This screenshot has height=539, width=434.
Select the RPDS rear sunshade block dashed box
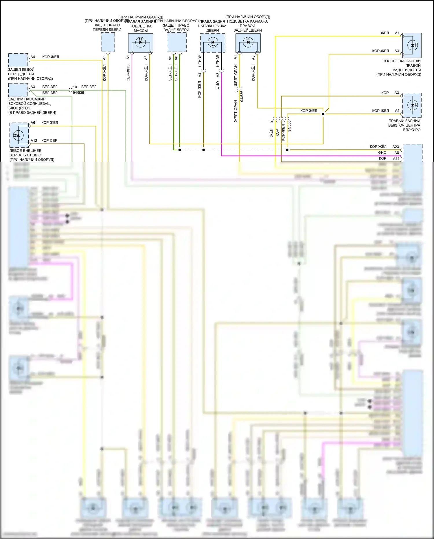pos(18,90)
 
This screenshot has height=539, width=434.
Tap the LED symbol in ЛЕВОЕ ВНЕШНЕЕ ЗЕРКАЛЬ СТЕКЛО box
pos(19,135)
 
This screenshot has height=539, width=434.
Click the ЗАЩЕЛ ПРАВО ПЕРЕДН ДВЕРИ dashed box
pos(108,42)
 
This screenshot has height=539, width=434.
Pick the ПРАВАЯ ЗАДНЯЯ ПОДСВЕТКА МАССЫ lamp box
pos(141,43)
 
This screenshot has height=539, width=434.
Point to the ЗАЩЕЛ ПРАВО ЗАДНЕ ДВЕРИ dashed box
pos(176,42)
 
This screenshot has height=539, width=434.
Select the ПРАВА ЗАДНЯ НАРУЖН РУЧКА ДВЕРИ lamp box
pos(213,43)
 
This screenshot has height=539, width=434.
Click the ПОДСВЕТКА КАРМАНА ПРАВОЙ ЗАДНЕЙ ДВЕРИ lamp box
pos(248,43)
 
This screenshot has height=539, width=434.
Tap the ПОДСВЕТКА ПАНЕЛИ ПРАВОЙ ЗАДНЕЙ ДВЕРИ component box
pos(412,45)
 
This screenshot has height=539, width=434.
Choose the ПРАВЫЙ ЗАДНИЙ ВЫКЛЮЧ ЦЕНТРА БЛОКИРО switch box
pos(412,105)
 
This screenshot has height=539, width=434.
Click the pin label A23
pos(396,147)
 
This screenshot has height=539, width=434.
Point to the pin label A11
pos(396,159)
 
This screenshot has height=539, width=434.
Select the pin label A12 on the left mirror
pos(34,141)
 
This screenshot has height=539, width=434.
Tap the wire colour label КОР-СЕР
pos(49,141)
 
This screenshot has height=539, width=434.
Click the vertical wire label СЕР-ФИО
pos(128,72)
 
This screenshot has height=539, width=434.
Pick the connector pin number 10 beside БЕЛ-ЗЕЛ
pos(75,87)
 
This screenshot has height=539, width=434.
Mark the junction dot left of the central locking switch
pos(323,114)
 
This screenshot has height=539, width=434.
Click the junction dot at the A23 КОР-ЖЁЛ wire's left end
pos(287,150)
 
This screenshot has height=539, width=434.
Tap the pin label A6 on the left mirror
pos(33,123)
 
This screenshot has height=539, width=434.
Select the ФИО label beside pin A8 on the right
pos(382,153)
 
